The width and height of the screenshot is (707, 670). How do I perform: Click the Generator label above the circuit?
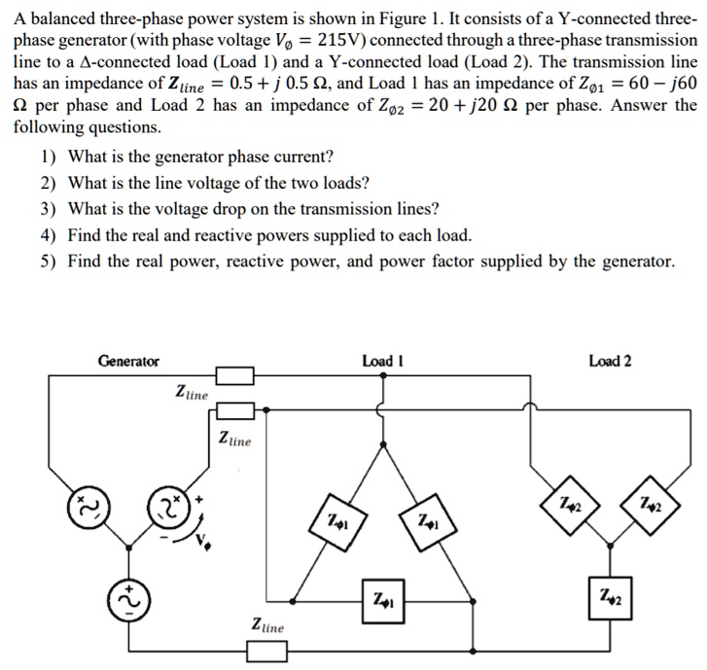[128, 361]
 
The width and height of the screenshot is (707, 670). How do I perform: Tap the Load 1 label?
[383, 361]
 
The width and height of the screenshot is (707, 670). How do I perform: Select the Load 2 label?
[610, 361]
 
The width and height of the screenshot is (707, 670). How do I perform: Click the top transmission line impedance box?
[235, 375]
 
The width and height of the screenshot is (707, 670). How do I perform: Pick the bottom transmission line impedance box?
[266, 652]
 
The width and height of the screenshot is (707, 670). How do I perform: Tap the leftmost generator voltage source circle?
[89, 508]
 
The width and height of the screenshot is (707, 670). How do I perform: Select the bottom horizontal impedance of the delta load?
[383, 601]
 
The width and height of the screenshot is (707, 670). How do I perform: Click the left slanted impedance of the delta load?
[337, 522]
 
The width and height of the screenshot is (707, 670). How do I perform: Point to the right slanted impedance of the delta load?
[428, 522]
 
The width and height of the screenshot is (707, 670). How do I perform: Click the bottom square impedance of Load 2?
[610, 598]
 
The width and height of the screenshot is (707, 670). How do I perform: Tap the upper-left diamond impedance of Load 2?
[571, 506]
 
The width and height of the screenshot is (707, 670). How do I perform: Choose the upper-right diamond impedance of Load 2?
[651, 506]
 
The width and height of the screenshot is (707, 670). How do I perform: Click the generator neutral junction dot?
[129, 547]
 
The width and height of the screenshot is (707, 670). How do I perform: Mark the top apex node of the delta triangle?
[383, 444]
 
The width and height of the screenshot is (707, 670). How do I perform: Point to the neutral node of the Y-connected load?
[610, 546]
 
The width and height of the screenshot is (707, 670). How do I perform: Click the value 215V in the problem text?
[340, 40]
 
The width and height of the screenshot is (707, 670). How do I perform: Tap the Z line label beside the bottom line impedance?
[267, 625]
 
